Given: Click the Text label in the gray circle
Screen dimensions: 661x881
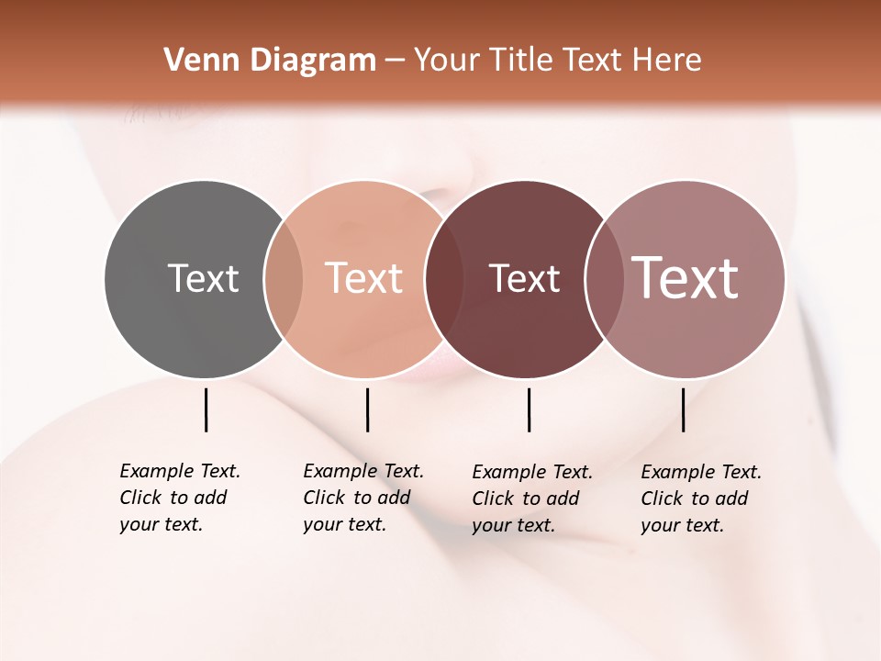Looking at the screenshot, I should pos(203,278).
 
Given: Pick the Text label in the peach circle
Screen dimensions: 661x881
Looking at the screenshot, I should pos(363,278).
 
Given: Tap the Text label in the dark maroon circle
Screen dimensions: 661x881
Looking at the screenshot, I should pos(524,278).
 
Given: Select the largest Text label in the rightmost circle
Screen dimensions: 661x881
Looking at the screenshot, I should pos(686,278).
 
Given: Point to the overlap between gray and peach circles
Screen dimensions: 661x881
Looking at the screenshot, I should pos(284,278).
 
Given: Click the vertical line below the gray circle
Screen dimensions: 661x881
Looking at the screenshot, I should pos(206,409).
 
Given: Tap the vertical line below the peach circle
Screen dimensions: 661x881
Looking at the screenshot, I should pos(367,409).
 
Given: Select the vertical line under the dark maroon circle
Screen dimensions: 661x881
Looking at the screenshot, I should pos(529,409).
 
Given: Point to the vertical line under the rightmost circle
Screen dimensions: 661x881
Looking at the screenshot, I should pos(683,409).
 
